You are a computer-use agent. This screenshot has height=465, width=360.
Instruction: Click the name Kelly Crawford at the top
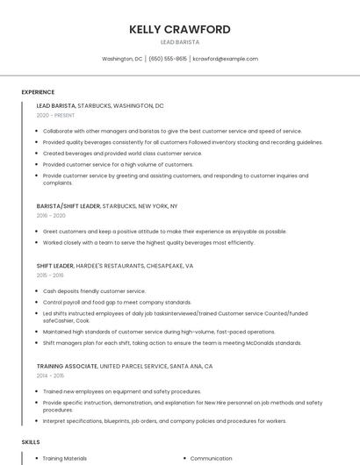(x=180, y=29)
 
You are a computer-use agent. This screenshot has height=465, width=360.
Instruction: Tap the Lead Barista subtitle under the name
(x=180, y=42)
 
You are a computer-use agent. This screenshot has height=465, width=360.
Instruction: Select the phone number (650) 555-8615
(x=168, y=59)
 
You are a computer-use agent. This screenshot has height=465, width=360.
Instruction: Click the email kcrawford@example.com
(x=226, y=59)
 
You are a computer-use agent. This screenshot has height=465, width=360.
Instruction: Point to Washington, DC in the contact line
(x=122, y=59)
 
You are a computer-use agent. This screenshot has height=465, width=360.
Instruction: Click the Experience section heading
(x=38, y=92)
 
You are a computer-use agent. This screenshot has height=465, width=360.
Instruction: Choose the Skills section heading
(x=31, y=443)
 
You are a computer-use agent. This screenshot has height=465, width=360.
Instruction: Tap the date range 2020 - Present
(x=55, y=116)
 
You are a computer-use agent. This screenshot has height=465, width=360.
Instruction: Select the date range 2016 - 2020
(x=51, y=216)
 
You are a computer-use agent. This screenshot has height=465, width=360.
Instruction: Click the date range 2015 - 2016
(x=51, y=275)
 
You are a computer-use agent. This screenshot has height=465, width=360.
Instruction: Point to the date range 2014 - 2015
(x=51, y=376)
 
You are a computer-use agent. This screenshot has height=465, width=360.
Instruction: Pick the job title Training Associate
(x=67, y=365)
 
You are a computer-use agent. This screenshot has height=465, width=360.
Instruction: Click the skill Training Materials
(x=65, y=458)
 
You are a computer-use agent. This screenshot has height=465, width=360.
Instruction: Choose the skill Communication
(x=211, y=458)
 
